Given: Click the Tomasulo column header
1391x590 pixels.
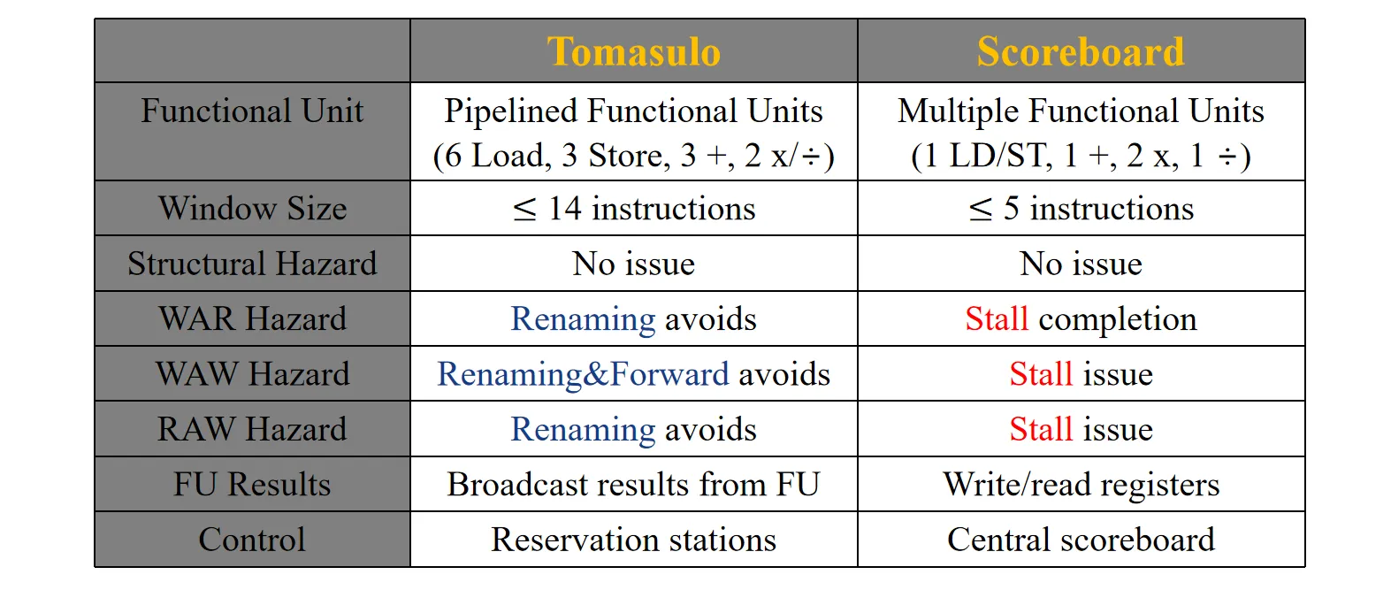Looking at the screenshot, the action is pyautogui.click(x=633, y=51).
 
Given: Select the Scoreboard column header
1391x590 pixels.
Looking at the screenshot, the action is pyautogui.click(x=1081, y=51).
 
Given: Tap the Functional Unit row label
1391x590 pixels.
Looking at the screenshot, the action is pyautogui.click(x=252, y=111).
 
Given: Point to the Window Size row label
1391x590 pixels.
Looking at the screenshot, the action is pyautogui.click(x=252, y=208).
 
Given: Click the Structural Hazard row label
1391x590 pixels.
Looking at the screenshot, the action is pyautogui.click(x=252, y=264).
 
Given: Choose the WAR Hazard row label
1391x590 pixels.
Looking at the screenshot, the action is pyautogui.click(x=252, y=318).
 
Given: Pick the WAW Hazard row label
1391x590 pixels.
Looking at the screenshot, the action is pyautogui.click(x=252, y=374).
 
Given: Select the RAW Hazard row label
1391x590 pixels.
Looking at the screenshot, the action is pyautogui.click(x=252, y=429).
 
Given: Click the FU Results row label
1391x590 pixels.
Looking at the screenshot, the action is pyautogui.click(x=252, y=485).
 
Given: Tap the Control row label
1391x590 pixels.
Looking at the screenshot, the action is pyautogui.click(x=252, y=539).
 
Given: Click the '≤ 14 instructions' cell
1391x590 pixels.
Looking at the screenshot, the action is pyautogui.click(x=634, y=208).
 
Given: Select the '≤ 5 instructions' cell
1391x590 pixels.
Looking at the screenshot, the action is pyautogui.click(x=1081, y=208).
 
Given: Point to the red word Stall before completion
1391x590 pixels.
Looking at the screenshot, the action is pyautogui.click(x=997, y=318).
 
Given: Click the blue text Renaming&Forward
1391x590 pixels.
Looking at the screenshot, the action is pyautogui.click(x=583, y=374).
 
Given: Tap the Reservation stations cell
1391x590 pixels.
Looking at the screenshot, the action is pyautogui.click(x=634, y=539).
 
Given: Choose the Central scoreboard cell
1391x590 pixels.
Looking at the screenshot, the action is pyautogui.click(x=1081, y=539).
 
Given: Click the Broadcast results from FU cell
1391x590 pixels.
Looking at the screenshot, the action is pyautogui.click(x=634, y=485).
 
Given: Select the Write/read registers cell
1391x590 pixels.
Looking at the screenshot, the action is pyautogui.click(x=1081, y=485).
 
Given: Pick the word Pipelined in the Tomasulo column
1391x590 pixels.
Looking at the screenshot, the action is pyautogui.click(x=511, y=111).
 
